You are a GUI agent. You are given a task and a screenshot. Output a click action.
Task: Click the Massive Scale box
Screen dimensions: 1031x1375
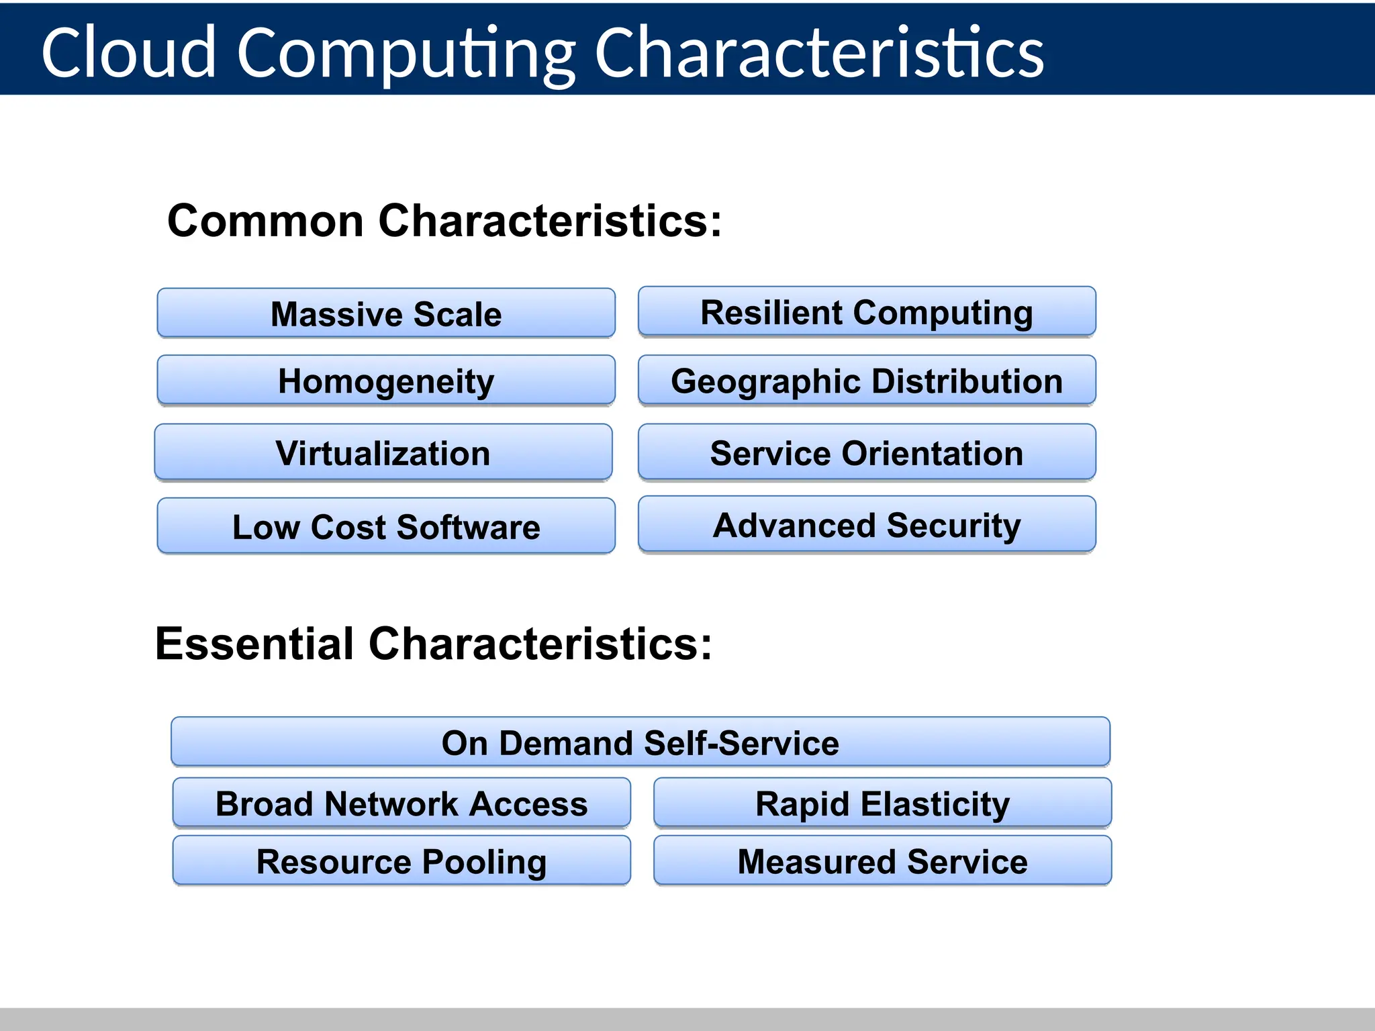(386, 313)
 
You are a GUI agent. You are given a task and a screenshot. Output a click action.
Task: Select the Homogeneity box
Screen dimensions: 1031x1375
(386, 381)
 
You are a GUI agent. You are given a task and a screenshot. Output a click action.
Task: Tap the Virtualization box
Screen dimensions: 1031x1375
(383, 453)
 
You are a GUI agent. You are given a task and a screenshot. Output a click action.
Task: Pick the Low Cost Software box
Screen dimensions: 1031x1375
(386, 526)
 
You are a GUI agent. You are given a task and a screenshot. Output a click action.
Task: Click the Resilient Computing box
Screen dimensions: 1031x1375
(867, 312)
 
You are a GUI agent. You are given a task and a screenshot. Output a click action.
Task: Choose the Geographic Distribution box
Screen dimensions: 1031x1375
(867, 381)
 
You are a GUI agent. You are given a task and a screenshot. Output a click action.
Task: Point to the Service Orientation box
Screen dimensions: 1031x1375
(867, 453)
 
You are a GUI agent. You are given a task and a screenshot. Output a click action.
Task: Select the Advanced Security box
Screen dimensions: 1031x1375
(867, 525)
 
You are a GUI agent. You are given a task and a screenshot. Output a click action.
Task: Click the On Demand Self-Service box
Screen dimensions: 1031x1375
(641, 742)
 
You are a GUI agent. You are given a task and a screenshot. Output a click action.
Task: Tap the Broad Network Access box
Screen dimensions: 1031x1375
(401, 803)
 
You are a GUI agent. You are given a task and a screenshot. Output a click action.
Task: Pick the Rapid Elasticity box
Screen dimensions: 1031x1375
(882, 803)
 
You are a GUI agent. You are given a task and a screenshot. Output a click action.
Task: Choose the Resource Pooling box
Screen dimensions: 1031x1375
(401, 861)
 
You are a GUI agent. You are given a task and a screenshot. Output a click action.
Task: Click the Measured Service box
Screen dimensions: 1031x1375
(882, 861)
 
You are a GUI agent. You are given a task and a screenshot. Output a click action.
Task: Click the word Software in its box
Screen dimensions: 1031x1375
(468, 527)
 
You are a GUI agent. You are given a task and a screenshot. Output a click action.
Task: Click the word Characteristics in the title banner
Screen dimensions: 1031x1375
(819, 52)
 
